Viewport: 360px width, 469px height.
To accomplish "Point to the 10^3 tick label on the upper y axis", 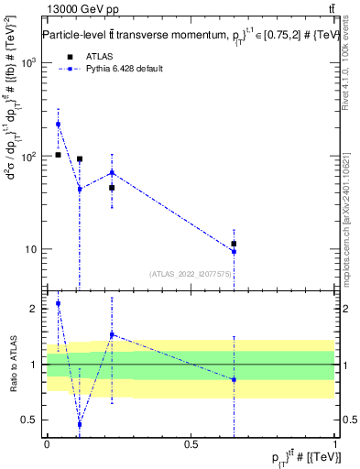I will [30, 62].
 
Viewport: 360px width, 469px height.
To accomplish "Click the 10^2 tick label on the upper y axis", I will [30, 156].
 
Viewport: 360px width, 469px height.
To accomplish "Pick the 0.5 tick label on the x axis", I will [191, 444].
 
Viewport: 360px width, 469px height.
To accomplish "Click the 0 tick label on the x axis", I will [47, 444].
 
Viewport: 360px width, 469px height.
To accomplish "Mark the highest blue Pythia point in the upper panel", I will [58, 124].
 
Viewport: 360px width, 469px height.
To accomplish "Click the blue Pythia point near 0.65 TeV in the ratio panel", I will [235, 379].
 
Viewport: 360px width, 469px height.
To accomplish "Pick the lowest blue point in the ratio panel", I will [80, 424].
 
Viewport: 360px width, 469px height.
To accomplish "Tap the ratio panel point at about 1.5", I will [112, 334].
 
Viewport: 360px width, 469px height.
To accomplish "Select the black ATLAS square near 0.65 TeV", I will [235, 244].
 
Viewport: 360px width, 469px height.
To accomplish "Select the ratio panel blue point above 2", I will [58, 303].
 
